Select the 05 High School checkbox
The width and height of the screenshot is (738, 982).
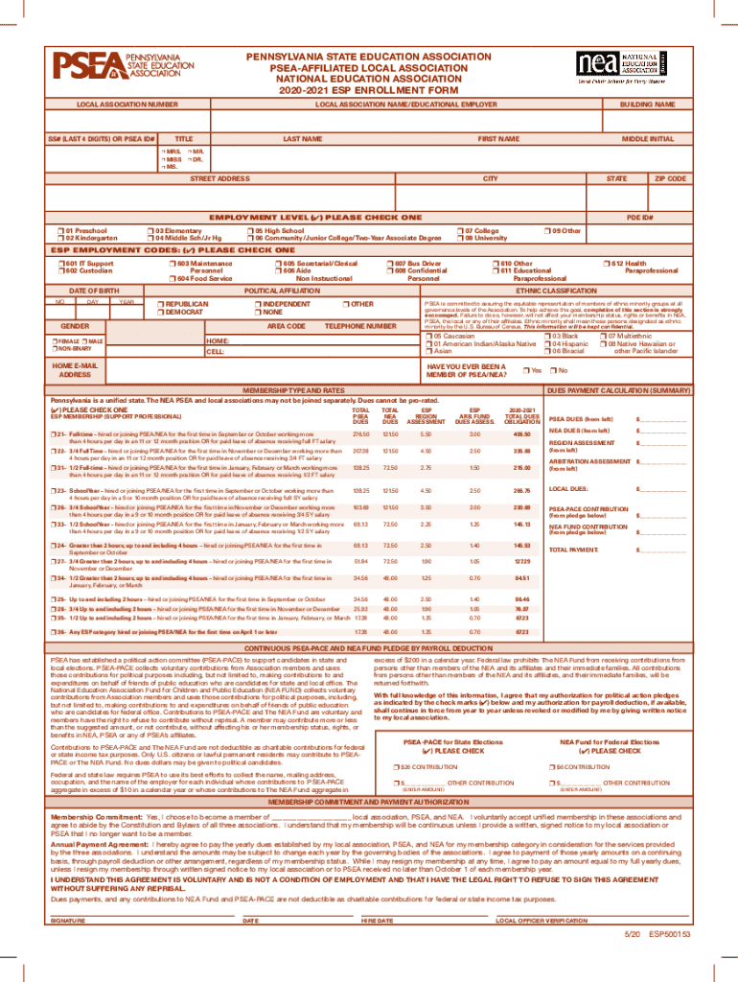[249, 231]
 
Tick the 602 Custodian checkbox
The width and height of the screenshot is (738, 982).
[60, 270]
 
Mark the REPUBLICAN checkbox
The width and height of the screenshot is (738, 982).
[160, 304]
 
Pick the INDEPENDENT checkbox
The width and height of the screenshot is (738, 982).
[256, 304]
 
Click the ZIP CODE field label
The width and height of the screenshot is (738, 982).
[670, 178]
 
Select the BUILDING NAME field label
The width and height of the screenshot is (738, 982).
[647, 104]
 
